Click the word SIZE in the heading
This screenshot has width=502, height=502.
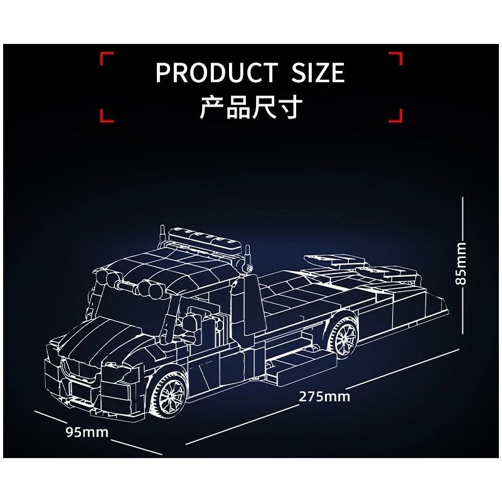319,73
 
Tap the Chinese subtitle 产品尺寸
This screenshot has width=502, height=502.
251,107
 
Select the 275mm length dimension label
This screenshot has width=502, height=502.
324,397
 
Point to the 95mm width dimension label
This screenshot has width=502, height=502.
87,432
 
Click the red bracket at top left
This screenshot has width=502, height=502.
107,61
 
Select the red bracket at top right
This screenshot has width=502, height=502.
395,61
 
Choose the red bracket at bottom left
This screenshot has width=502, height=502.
107,115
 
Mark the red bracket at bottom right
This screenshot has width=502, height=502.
395,115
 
